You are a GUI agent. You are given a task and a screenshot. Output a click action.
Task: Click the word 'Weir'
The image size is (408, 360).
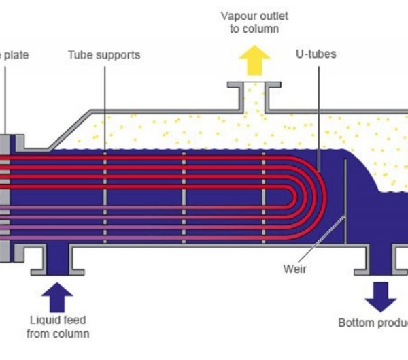(x=295, y=268)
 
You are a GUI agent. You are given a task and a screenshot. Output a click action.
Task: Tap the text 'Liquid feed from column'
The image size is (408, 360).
(x=58, y=327)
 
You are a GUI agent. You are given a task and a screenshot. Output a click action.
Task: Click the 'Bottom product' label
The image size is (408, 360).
(x=373, y=322)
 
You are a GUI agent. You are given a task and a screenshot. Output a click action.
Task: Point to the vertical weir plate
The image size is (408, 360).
(x=346, y=201)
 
